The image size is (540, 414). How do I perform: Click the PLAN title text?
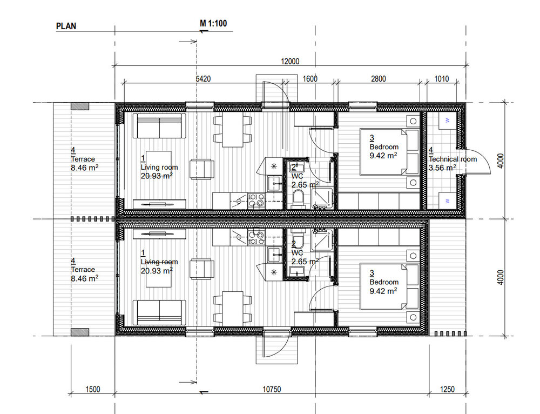[66, 26]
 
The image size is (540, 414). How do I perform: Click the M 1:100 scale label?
[213, 23]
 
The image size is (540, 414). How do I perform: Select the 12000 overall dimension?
[290, 62]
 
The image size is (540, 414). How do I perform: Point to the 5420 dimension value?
[203, 79]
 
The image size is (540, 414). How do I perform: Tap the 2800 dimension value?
[378, 79]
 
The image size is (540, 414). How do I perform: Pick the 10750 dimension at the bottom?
[272, 390]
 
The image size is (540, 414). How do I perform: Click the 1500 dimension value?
[93, 390]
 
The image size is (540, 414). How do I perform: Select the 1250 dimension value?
[447, 390]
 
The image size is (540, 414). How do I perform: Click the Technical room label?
[453, 159]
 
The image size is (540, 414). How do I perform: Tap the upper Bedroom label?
[384, 147]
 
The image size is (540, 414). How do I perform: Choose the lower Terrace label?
[83, 270]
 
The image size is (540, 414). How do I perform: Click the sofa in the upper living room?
[159, 126]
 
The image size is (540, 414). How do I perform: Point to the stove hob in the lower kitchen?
[256, 237]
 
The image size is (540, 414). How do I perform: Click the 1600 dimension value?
[310, 79]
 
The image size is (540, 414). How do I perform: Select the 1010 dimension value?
[442, 79]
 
